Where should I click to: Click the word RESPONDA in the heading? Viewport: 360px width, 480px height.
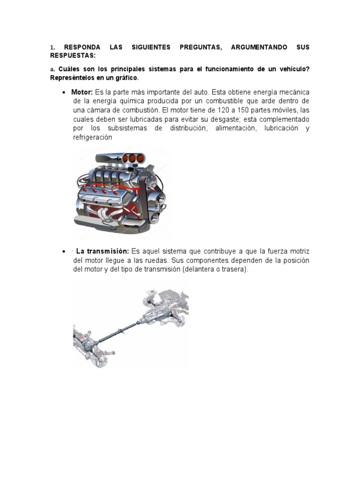tap(82, 48)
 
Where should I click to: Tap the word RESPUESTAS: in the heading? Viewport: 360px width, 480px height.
tap(73, 55)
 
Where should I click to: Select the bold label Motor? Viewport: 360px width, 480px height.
tap(82, 92)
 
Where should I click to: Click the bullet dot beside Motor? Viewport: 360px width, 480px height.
tap(64, 92)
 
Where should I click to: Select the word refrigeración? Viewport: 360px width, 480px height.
tap(93, 137)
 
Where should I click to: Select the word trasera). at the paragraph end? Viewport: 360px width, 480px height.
tap(234, 270)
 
